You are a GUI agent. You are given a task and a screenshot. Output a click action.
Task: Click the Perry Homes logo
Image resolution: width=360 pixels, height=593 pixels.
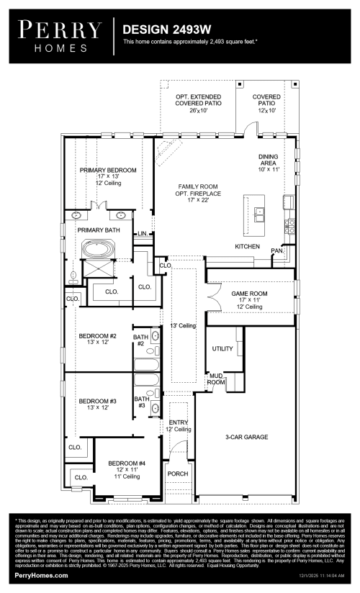click(60, 35)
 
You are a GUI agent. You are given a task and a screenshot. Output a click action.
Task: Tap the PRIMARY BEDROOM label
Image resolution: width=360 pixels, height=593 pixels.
click(107, 171)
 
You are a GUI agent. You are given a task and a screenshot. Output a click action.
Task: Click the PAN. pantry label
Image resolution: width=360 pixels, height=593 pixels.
click(276, 250)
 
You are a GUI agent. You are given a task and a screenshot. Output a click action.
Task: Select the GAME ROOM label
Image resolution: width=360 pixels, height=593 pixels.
click(251, 294)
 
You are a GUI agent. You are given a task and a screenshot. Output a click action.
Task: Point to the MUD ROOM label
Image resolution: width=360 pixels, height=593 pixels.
click(215, 379)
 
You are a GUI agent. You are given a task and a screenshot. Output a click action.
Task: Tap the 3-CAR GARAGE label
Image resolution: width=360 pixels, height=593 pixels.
click(246, 437)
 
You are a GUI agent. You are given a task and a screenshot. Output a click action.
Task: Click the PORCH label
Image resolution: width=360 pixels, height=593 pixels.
click(177, 474)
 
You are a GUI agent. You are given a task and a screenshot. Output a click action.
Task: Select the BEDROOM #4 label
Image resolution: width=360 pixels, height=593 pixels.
click(126, 463)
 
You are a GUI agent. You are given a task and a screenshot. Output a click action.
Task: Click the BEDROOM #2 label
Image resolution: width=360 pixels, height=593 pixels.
click(97, 336)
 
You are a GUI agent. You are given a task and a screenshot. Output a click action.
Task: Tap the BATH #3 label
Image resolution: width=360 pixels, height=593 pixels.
click(142, 402)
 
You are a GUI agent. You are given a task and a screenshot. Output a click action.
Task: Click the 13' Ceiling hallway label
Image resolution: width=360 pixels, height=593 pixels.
click(182, 326)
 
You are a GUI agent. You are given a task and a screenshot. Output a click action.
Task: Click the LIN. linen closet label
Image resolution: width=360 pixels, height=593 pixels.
click(143, 233)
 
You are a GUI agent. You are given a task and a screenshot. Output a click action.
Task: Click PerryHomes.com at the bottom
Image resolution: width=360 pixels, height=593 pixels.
click(42, 576)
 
